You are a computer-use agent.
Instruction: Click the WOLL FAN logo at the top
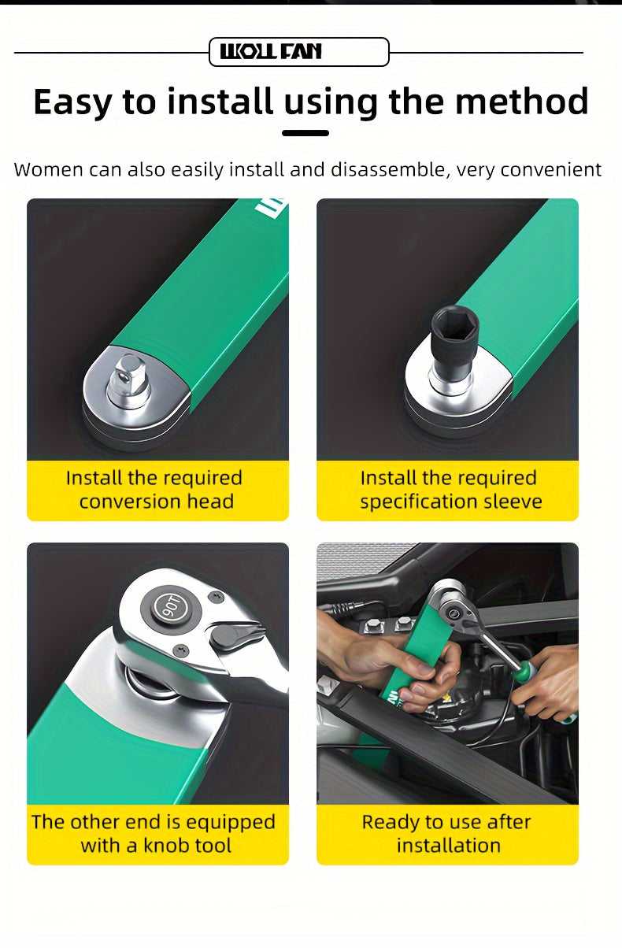pos(271,52)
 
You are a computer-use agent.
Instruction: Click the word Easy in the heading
pos(72,102)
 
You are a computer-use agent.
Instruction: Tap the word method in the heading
pos(522,102)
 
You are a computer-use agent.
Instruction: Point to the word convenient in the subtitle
pos(551,170)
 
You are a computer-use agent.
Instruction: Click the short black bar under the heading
pos(305,133)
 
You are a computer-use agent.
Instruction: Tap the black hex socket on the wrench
pos(454,338)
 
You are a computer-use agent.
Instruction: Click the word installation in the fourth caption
pos(449,845)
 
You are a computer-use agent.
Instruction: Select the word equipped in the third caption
pos(231,823)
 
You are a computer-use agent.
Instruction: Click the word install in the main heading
pos(220,102)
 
